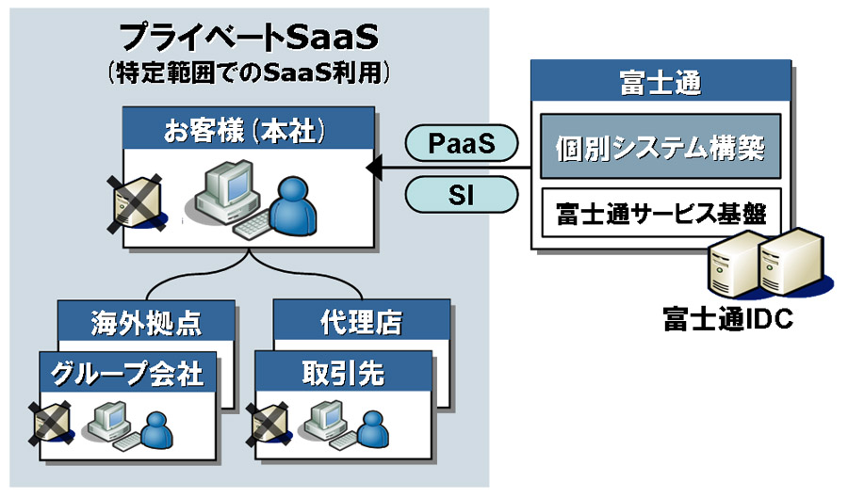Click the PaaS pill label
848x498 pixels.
pyautogui.click(x=462, y=143)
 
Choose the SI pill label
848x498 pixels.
pyautogui.click(x=462, y=195)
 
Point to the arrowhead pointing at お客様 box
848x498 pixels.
pyautogui.click(x=374, y=169)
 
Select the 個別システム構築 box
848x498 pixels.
pyautogui.click(x=660, y=147)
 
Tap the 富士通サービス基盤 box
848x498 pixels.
pyautogui.click(x=660, y=209)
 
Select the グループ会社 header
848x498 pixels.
pyautogui.click(x=126, y=373)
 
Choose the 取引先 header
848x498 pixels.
pyautogui.click(x=344, y=373)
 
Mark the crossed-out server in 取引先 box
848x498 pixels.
pyautogui.click(x=268, y=422)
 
